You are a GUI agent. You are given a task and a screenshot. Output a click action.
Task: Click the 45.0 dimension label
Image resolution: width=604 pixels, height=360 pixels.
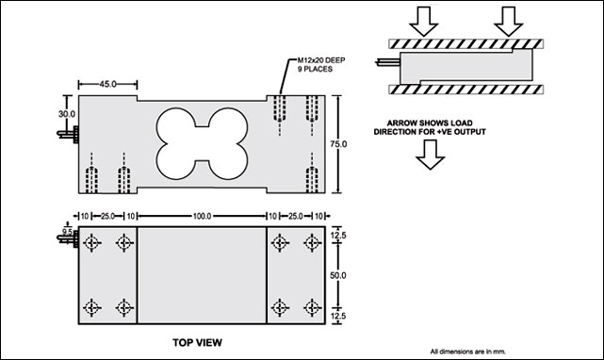[107, 84]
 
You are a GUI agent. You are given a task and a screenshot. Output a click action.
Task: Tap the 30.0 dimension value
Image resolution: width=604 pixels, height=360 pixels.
[67, 114]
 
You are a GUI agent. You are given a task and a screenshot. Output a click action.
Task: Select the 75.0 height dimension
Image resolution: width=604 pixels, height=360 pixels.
[338, 144]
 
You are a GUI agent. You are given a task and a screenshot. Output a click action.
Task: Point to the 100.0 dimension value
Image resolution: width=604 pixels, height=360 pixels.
[202, 216]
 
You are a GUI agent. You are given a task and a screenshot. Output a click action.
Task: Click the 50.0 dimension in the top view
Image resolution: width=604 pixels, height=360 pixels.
[338, 275]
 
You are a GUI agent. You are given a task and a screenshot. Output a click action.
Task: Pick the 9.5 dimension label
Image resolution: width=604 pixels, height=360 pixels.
[67, 232]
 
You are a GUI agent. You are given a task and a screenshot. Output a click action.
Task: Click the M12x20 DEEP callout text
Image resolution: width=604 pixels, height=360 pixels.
[321, 60]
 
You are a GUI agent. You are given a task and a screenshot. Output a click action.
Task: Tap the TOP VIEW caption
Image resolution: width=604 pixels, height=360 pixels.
[197, 342]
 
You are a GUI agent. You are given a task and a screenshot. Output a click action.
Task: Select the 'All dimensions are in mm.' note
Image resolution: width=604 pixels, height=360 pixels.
[468, 352]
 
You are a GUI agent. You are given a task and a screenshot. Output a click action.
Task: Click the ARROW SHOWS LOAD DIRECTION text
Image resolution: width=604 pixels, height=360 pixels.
[430, 127]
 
